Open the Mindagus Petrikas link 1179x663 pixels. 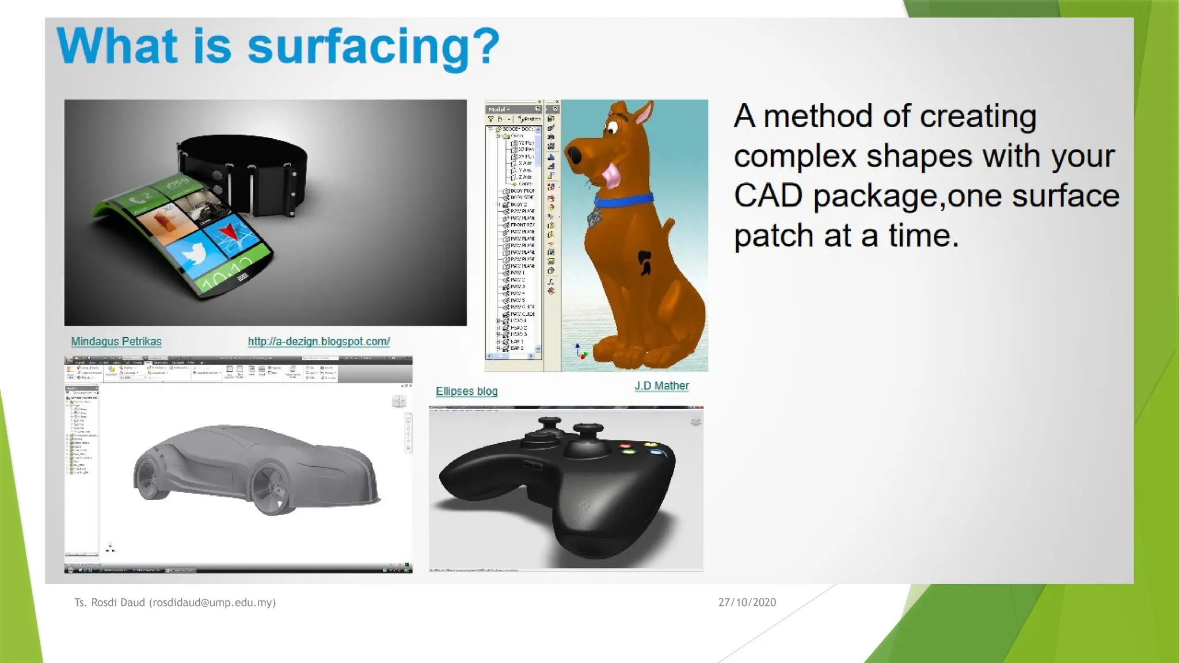tap(116, 341)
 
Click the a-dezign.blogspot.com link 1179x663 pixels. tap(319, 341)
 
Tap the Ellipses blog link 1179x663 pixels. tap(466, 391)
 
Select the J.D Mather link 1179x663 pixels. tap(661, 386)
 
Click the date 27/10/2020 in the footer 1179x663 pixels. tap(747, 602)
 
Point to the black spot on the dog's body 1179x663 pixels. tap(644, 262)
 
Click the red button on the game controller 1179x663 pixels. tap(625, 445)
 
